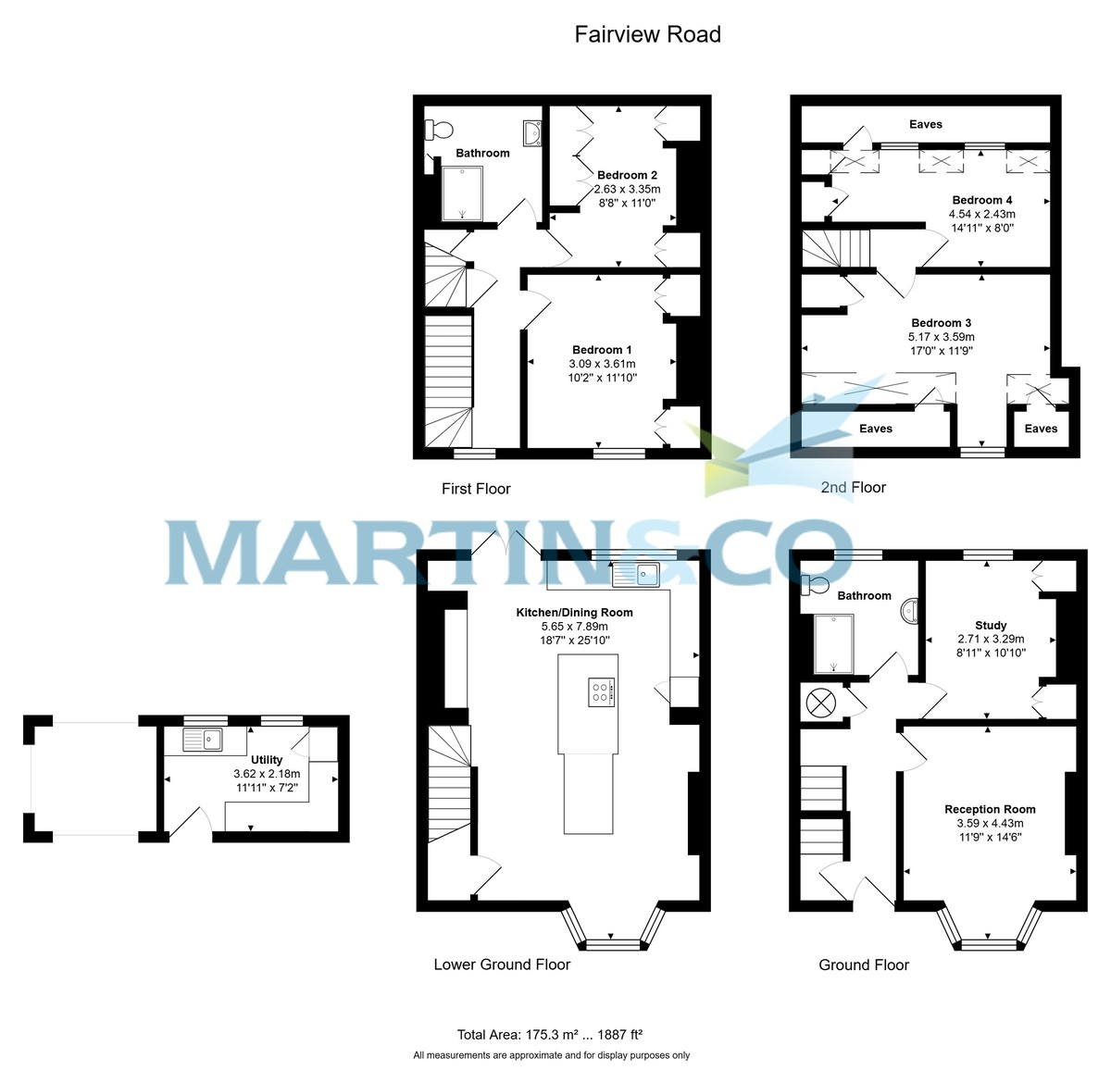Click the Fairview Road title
point(647,35)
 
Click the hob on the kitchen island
point(601,691)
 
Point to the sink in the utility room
point(202,740)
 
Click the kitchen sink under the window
point(635,575)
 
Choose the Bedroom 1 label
point(602,349)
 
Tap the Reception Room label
point(990,809)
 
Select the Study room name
point(991,625)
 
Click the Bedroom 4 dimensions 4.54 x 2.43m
point(981,214)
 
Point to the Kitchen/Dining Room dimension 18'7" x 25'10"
point(574,640)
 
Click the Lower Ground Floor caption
point(502,965)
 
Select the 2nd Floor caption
point(853,487)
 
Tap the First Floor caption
point(476,489)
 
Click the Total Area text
point(550,1035)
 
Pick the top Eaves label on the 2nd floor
point(925,124)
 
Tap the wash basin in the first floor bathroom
point(531,135)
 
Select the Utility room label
point(267,760)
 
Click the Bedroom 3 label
point(941,323)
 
